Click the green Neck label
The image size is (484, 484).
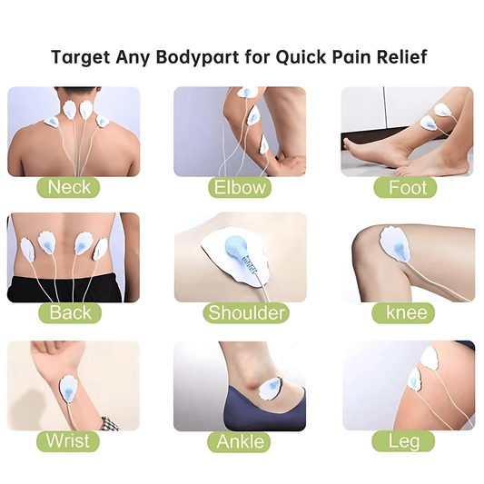tap(70, 188)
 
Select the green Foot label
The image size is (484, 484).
tap(407, 188)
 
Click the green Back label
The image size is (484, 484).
tap(70, 314)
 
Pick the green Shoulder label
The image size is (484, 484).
tap(245, 314)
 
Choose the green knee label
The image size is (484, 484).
tap(407, 314)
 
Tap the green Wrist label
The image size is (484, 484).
tap(70, 441)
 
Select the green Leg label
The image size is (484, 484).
tap(407, 441)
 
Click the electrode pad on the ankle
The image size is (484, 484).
tap(272, 390)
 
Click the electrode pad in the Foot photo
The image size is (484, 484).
tap(442, 112)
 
